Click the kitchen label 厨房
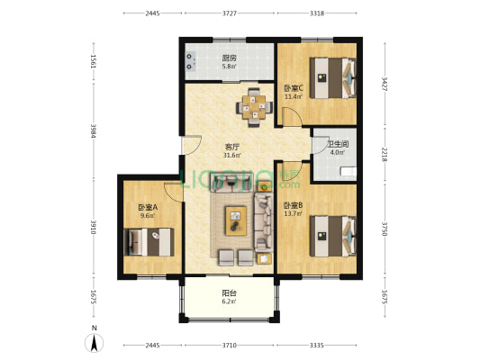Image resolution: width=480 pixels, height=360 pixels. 230,58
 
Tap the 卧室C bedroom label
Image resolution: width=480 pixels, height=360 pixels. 294,88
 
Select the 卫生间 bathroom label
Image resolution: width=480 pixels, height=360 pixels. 338,144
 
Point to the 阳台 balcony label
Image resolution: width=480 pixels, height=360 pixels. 229,293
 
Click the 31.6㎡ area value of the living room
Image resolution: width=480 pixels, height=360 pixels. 231,156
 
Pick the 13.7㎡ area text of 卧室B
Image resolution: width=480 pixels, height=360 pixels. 293,214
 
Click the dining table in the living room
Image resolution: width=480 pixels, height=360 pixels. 254,107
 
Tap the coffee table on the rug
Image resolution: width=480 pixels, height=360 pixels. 236,220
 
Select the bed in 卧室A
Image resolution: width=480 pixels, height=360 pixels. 149,242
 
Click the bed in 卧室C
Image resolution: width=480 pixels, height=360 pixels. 332,78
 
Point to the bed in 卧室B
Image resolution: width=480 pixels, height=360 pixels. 332,236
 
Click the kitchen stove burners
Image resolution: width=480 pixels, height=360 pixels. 190,61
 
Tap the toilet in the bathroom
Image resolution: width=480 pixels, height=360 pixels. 349,171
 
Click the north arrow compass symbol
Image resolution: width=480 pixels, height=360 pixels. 95,343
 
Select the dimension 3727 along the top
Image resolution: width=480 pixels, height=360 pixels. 230,13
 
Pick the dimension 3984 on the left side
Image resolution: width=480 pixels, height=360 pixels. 94,130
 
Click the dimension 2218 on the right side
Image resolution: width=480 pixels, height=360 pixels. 385,155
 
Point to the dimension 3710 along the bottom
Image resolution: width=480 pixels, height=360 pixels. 230,345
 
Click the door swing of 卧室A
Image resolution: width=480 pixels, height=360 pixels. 173,193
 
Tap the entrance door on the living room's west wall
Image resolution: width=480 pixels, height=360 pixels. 191,145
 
